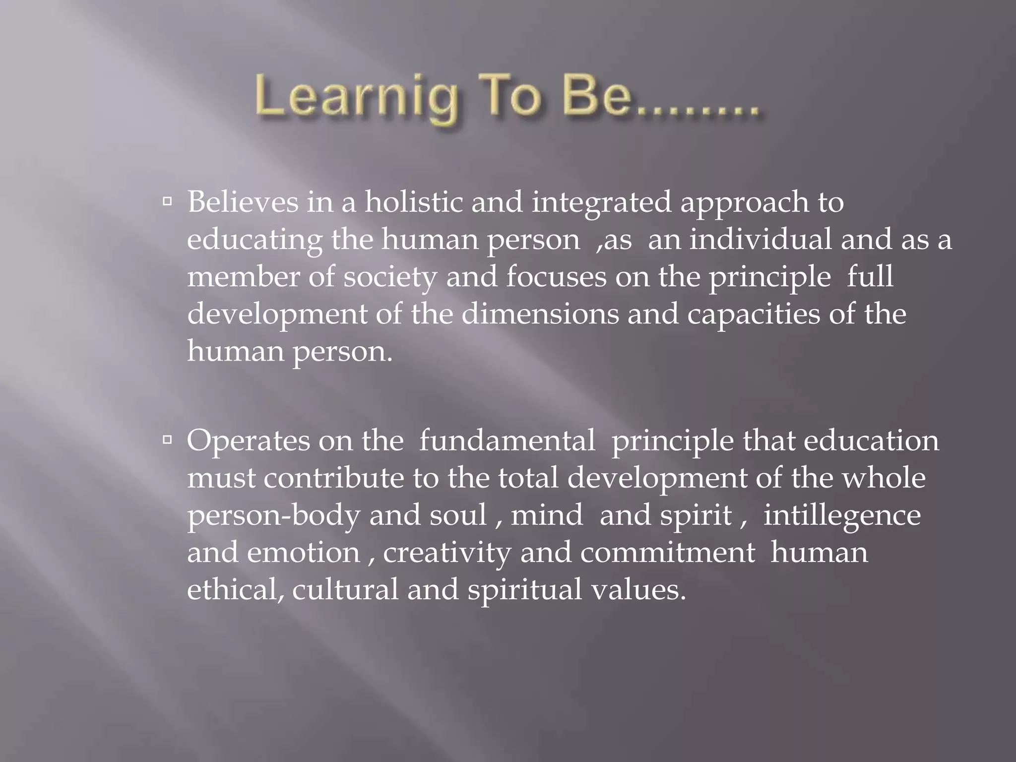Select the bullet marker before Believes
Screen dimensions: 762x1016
[167, 201]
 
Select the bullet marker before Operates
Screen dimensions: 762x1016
[167, 440]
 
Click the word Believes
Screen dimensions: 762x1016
[243, 202]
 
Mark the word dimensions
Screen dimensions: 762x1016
[540, 314]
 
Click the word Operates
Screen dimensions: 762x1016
[248, 441]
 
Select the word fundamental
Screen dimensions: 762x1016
[507, 440]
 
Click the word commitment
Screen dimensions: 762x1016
[668, 552]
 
